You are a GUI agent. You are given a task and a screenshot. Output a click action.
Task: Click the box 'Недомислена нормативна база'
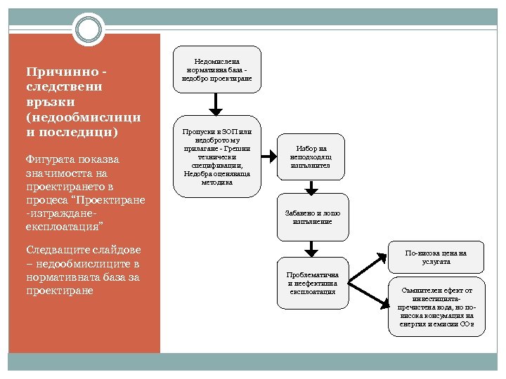216,69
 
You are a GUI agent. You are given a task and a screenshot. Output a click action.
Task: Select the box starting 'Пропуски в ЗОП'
216,157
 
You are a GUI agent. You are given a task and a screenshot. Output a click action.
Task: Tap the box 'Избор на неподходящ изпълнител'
312,157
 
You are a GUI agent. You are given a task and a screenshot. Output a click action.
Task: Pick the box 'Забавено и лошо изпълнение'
312,216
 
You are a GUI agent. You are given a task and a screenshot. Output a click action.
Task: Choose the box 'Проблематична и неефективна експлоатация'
312,281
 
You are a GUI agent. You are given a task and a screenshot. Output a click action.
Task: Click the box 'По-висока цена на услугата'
436,256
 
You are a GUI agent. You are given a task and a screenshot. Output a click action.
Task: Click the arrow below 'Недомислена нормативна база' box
216,103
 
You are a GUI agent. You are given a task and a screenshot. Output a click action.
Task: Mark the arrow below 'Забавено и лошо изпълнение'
312,248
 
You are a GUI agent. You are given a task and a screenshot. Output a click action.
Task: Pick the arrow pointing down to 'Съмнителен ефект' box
369,295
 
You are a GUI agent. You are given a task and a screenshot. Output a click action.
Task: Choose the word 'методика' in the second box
216,182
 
